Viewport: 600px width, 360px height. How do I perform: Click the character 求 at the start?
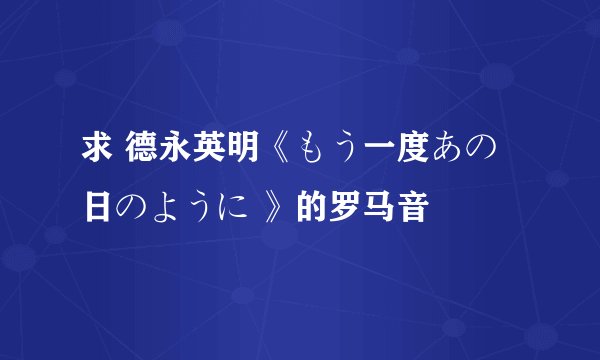click(x=97, y=151)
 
